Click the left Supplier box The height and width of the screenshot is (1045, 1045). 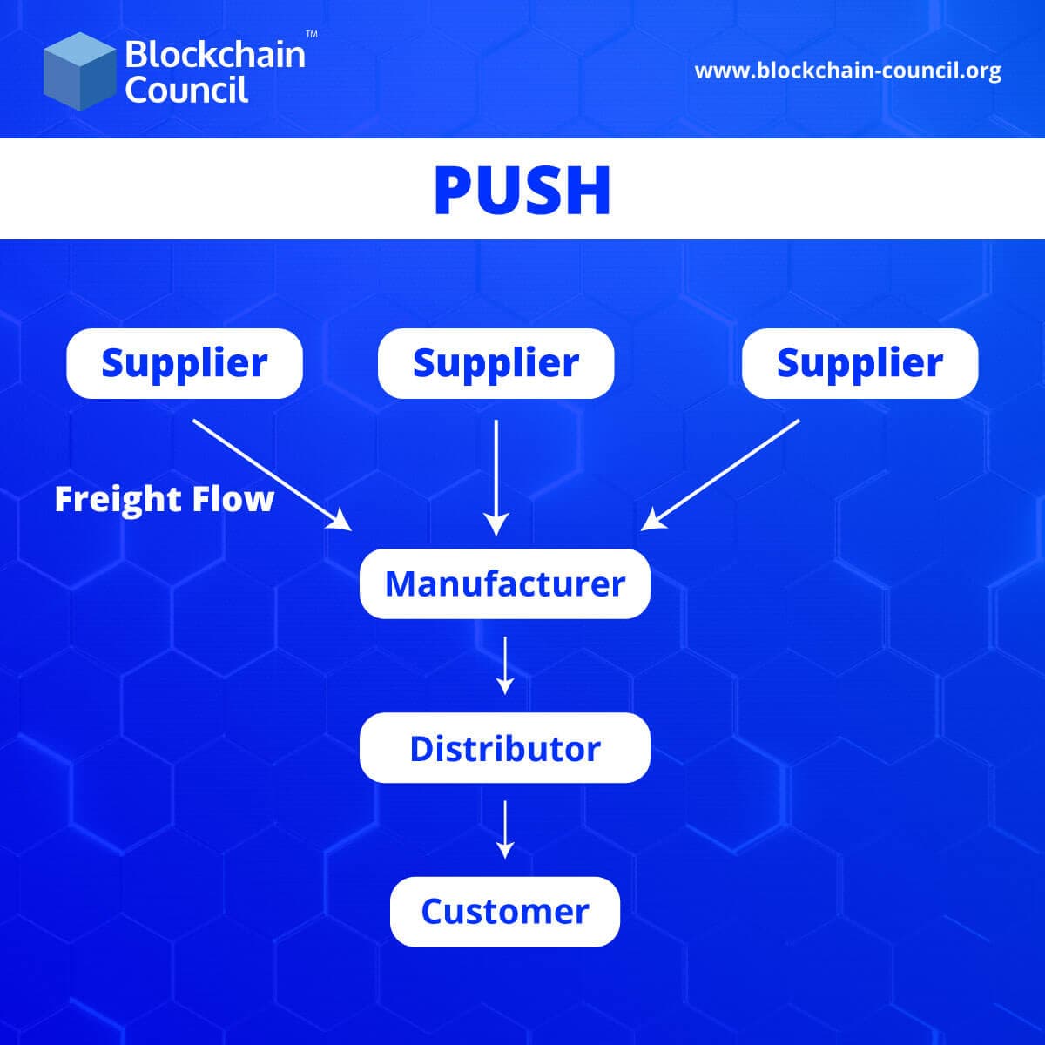tap(185, 363)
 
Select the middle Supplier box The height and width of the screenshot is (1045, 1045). tap(496, 363)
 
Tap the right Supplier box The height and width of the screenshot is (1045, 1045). tap(860, 363)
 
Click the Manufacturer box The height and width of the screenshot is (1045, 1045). tap(505, 583)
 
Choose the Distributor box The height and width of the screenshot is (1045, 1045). tap(505, 748)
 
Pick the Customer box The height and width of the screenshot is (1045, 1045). tap(505, 912)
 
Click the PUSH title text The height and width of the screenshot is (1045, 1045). tap(522, 190)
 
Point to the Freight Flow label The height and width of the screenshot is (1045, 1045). tap(165, 499)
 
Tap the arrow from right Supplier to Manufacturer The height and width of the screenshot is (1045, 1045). tap(720, 475)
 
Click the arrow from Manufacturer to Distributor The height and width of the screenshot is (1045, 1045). tap(505, 665)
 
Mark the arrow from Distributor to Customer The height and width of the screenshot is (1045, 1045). tap(505, 829)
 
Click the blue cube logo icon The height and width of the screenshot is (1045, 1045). tap(79, 71)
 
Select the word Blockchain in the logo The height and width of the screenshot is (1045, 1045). tap(215, 55)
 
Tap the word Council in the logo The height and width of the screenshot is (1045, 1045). tap(186, 90)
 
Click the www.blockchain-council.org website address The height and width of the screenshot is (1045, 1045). tap(847, 71)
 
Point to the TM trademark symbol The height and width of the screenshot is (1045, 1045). tap(311, 34)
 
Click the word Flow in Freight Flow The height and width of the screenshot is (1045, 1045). tap(236, 499)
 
